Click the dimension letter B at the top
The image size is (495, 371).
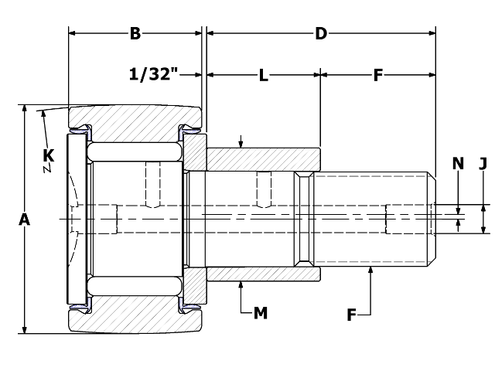pos(135,33)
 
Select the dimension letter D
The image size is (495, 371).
pos(321,33)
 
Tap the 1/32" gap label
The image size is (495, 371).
pos(154,74)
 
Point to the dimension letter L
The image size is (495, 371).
pos(263,76)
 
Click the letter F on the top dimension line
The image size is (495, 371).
pos(378,76)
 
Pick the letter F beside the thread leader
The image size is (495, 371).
pos(351,315)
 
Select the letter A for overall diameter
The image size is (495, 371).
pos(24,220)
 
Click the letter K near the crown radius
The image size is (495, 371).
pos(48,155)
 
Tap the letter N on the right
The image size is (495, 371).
pos(458,163)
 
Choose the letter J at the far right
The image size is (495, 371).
pos(483,163)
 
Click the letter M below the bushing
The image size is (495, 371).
pos(261,313)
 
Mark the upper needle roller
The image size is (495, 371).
pos(135,151)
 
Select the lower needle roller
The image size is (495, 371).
pos(135,286)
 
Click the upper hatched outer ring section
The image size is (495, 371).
pos(135,124)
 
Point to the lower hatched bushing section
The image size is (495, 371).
pos(264,274)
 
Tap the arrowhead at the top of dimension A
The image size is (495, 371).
pos(24,108)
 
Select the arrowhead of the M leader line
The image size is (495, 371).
pos(241,284)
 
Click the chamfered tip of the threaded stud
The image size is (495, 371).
pos(432,219)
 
